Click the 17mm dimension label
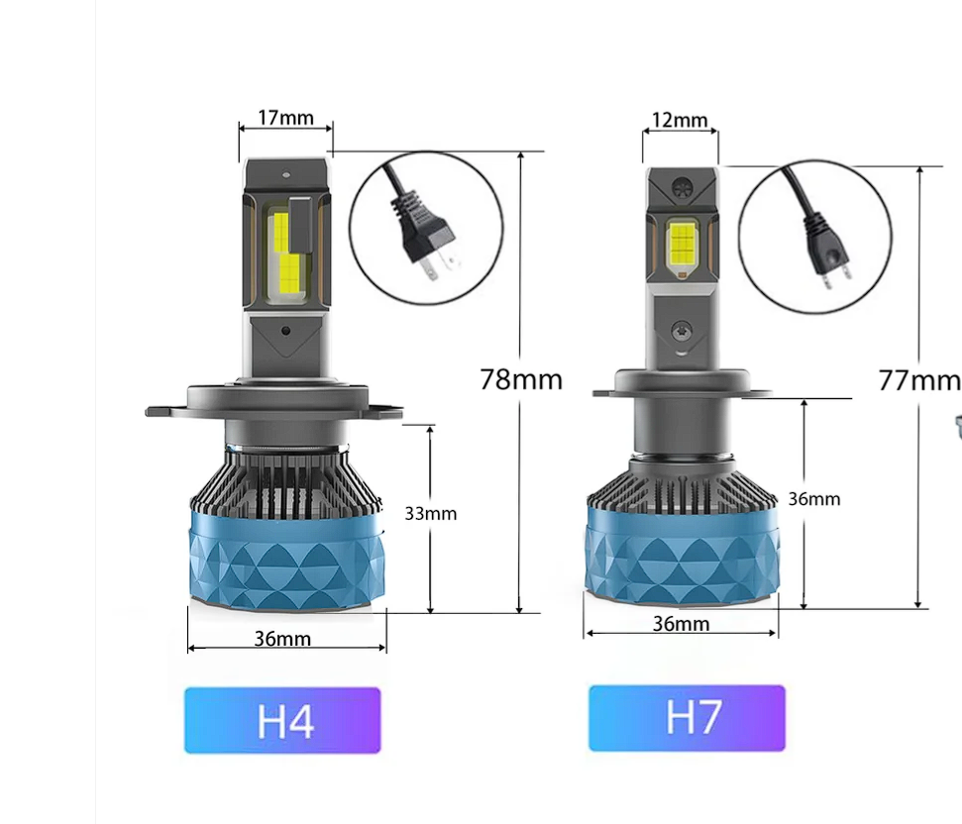(285, 117)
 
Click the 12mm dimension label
(680, 120)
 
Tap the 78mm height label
(521, 379)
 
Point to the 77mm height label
(919, 380)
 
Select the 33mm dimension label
(431, 514)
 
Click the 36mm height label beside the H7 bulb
(814, 499)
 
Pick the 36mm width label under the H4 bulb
(282, 639)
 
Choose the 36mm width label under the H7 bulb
(681, 624)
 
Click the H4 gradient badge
(282, 720)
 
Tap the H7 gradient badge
(687, 718)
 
